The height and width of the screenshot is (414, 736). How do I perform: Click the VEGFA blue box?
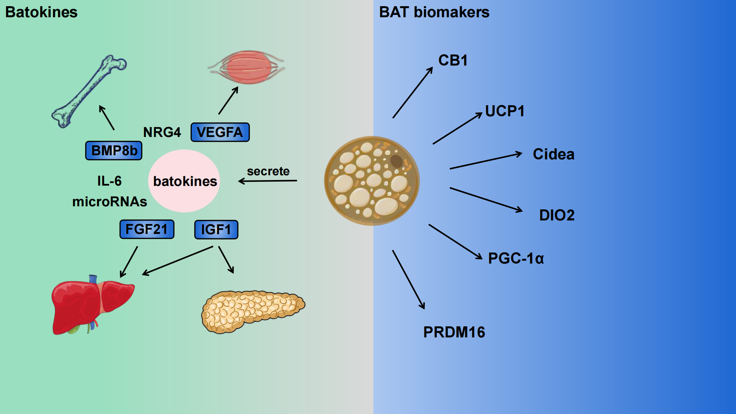(220, 132)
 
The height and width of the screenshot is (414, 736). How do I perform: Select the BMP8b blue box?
(114, 150)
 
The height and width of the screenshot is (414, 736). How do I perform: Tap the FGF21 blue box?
(147, 229)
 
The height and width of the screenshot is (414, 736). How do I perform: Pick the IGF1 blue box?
(216, 230)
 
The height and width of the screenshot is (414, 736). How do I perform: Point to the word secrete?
(268, 171)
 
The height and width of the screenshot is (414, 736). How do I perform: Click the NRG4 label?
(162, 132)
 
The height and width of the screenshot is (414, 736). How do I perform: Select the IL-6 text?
(109, 181)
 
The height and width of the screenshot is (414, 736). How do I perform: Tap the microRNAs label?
(109, 202)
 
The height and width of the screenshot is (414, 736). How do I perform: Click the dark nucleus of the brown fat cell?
(396, 161)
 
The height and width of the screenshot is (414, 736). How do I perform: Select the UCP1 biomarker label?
(504, 111)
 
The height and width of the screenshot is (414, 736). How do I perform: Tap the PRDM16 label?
(454, 332)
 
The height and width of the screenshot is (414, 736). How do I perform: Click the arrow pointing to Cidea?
(485, 161)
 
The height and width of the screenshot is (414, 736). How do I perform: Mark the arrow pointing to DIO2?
(485, 199)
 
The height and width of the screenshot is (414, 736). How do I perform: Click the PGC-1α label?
(516, 258)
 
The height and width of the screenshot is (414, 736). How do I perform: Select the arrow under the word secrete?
(268, 181)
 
